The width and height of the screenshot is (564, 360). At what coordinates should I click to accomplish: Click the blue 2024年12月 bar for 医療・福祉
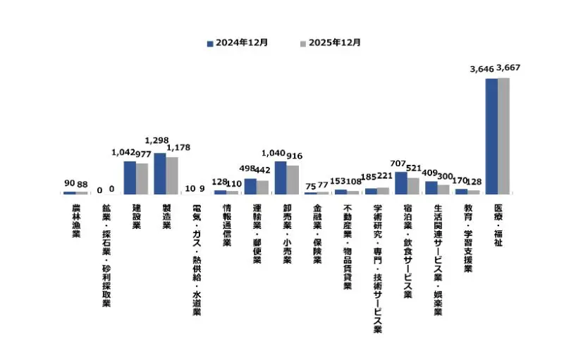click(491, 136)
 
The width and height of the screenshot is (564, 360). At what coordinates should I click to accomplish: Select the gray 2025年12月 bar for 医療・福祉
click(503, 136)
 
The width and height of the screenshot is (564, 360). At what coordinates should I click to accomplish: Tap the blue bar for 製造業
click(160, 173)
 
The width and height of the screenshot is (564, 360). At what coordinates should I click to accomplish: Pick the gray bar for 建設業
click(142, 178)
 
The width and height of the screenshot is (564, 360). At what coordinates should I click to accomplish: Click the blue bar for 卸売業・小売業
click(281, 178)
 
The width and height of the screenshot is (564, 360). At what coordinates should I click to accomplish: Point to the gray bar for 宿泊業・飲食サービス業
click(413, 185)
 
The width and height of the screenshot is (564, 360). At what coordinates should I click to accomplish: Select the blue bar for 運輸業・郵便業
click(250, 186)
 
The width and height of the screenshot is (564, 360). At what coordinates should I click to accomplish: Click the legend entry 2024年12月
click(237, 43)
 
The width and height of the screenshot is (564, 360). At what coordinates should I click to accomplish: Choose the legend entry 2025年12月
click(330, 43)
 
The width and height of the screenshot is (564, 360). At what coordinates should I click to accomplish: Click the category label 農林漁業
click(76, 221)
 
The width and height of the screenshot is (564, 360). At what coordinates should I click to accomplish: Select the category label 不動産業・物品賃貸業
click(348, 244)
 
